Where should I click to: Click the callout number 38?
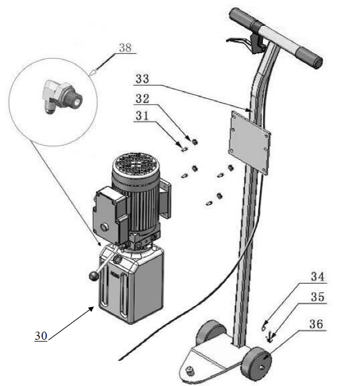coord(125,48)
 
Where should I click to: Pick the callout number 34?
coord(317,276)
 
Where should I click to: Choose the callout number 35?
coord(317,298)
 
